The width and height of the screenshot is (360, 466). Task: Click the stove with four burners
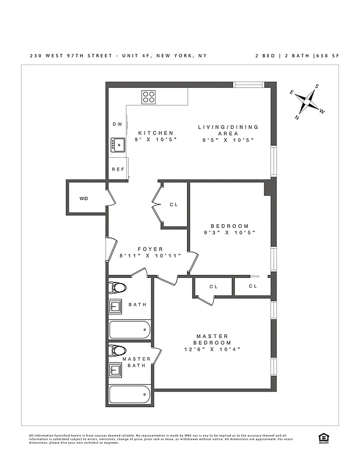(x=149, y=97)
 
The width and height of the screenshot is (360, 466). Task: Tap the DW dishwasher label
(x=117, y=124)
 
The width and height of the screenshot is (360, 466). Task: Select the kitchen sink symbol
(x=118, y=144)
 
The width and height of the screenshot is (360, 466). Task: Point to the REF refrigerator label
(x=118, y=170)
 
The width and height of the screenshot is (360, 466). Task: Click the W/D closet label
(x=84, y=199)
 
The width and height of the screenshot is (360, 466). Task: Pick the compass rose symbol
(x=309, y=103)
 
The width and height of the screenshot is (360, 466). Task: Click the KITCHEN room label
(x=156, y=133)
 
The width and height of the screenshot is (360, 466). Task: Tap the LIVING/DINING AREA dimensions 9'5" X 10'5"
(x=228, y=140)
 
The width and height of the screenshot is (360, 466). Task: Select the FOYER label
(x=150, y=249)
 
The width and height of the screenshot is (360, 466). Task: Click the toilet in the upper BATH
(x=119, y=287)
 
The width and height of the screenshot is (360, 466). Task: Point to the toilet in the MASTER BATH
(x=119, y=351)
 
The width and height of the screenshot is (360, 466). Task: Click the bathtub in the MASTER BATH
(x=129, y=396)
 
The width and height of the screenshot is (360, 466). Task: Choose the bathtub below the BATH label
(x=129, y=330)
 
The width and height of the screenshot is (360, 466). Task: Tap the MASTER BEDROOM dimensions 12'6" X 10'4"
(x=212, y=349)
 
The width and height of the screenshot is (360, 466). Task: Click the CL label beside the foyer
(x=174, y=204)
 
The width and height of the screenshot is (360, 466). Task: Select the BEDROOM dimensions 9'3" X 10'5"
(x=229, y=233)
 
